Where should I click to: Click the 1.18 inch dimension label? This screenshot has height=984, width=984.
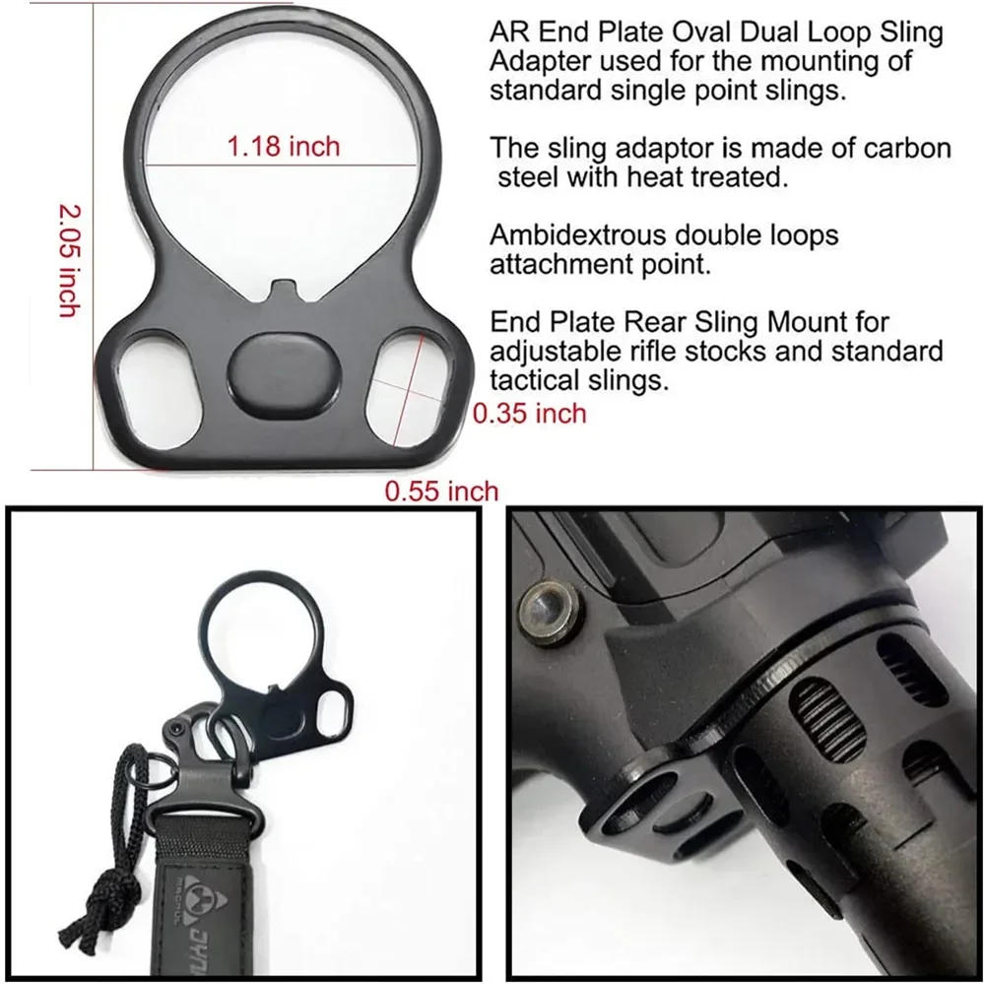283,147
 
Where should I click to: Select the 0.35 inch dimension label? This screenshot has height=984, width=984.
530,413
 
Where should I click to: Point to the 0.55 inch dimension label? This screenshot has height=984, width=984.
441,491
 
